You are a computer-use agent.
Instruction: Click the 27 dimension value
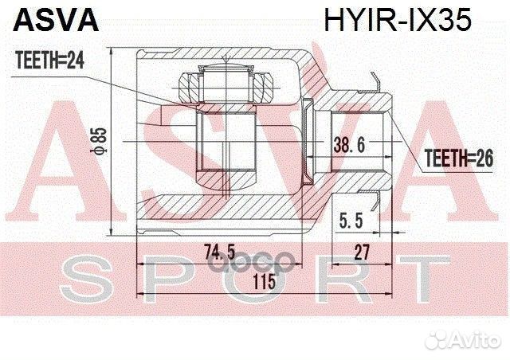coord(363,252)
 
